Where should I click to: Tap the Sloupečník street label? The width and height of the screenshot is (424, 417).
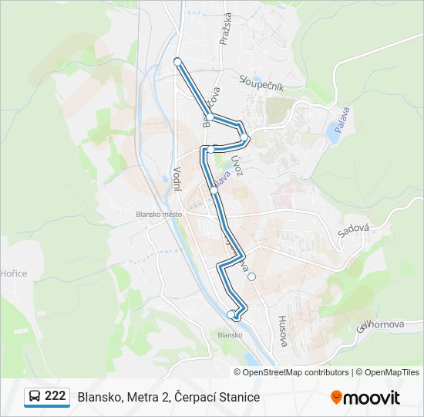pyautogui.click(x=262, y=83)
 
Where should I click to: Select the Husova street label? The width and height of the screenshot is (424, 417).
pyautogui.click(x=283, y=330)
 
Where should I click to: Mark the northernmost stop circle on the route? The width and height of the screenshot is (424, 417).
pyautogui.click(x=177, y=61)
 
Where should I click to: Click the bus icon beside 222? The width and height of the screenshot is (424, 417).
pyautogui.click(x=35, y=397)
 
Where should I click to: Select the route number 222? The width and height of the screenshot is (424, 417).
pyautogui.click(x=55, y=396)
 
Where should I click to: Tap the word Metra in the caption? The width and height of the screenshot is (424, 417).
pyautogui.click(x=142, y=397)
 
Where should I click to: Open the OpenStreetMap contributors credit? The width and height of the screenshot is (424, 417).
pyautogui.click(x=296, y=372)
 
